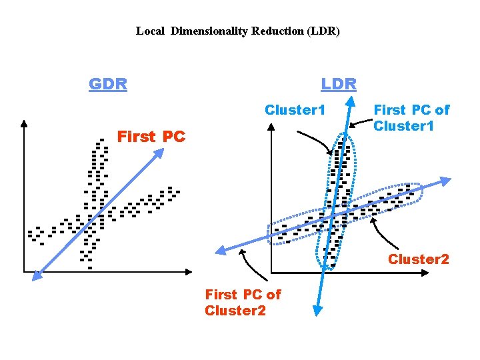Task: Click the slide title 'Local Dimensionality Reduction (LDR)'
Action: pyautogui.click(x=238, y=31)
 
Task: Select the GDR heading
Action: pyautogui.click(x=108, y=84)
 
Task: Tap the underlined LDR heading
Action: pyautogui.click(x=339, y=84)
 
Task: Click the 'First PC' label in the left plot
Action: pyautogui.click(x=151, y=137)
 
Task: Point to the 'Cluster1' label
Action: pyautogui.click(x=295, y=109)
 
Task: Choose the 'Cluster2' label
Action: pyautogui.click(x=419, y=259)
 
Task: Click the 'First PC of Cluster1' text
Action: pyautogui.click(x=411, y=117)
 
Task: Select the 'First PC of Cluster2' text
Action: pyautogui.click(x=243, y=302)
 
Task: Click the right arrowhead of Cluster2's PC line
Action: pyautogui.click(x=446, y=181)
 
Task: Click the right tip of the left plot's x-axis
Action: pyautogui.click(x=190, y=272)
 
